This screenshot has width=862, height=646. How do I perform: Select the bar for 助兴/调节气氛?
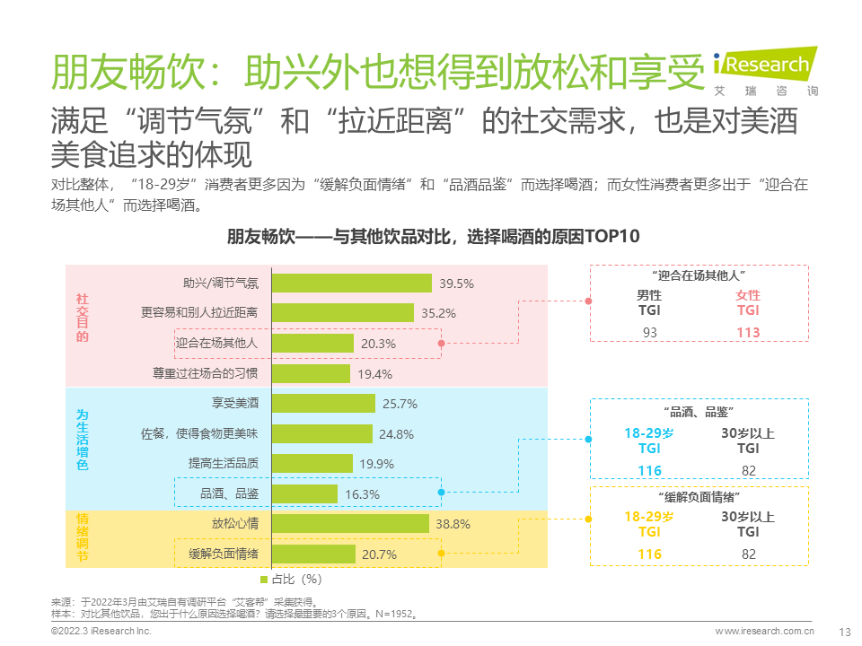[352, 283]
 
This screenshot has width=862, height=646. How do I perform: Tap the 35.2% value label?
[438, 313]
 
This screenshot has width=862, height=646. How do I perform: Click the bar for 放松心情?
[350, 523]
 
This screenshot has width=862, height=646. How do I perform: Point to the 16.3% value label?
[362, 494]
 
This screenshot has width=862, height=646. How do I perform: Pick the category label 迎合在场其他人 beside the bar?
[216, 343]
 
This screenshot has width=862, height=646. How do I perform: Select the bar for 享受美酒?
[323, 404]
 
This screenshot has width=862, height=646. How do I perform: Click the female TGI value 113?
[747, 333]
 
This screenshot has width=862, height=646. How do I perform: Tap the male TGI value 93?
[649, 333]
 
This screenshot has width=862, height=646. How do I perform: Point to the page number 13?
[843, 632]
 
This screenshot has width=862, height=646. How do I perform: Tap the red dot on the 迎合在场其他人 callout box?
[589, 301]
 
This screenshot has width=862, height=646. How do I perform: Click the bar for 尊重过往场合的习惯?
[311, 373]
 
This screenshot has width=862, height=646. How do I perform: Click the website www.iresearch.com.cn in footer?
[764, 632]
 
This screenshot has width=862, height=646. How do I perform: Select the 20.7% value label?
[379, 554]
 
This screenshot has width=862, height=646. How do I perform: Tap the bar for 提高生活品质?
[311, 464]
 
